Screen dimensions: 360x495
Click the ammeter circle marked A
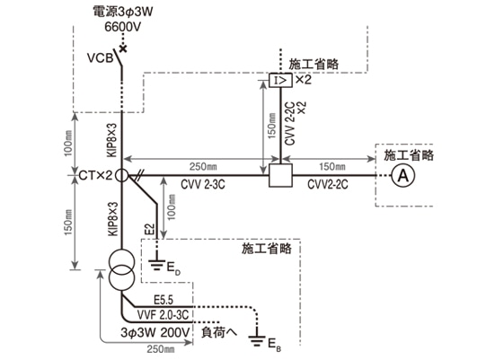[401, 177]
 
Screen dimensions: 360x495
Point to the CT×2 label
[93, 176]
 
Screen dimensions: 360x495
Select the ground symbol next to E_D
[158, 266]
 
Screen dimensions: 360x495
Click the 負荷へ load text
[218, 330]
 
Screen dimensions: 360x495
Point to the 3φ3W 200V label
[156, 331]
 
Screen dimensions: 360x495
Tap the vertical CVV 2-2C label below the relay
[289, 125]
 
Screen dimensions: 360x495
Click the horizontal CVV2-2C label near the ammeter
[326, 189]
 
